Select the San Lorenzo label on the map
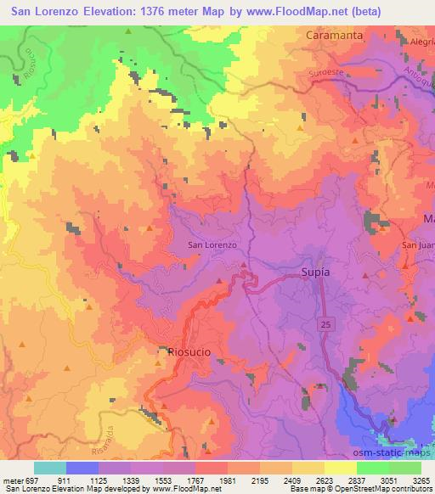pyautogui.click(x=212, y=245)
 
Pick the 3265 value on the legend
pyautogui.click(x=422, y=480)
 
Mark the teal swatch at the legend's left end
pyautogui.click(x=50, y=468)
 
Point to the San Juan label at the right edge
pyautogui.click(x=417, y=246)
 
